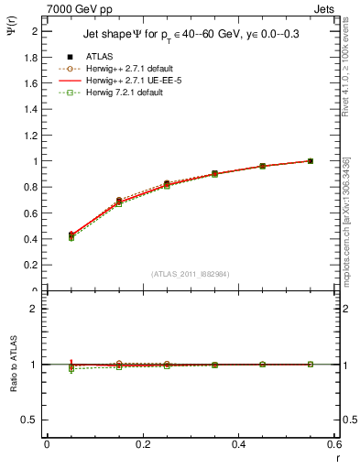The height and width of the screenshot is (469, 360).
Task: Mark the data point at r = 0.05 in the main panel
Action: (x=71, y=235)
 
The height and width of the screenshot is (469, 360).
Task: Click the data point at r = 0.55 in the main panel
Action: (x=311, y=161)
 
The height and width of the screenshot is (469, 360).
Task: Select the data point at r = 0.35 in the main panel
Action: (x=214, y=173)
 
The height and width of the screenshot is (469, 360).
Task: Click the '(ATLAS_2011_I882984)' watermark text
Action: (x=191, y=274)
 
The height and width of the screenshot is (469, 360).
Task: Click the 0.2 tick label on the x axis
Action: (x=143, y=446)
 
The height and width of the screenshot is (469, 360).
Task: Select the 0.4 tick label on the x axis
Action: (x=238, y=446)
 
